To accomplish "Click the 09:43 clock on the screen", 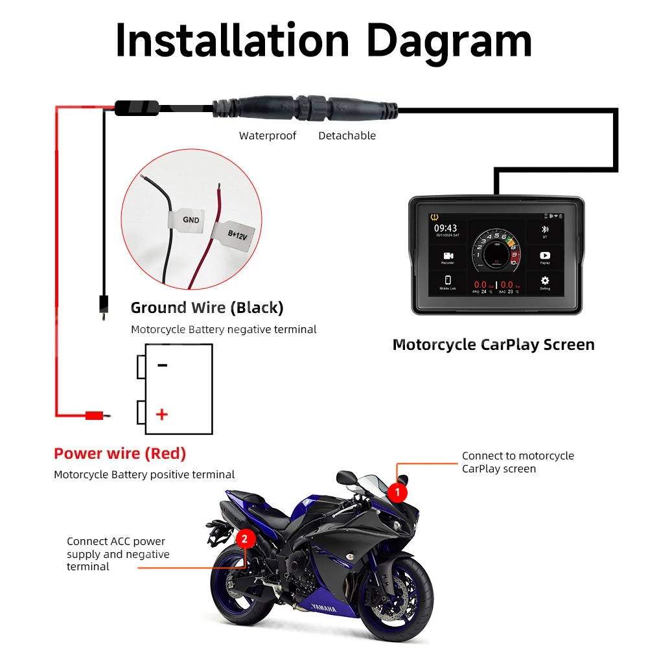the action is pos(445,228).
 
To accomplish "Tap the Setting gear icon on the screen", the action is pos(544,281).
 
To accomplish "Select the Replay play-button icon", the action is pos(544,256).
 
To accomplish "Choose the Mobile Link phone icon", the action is pos(448,281).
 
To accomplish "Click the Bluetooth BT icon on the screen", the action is pos(544,230).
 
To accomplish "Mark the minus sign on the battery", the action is pos(162,365).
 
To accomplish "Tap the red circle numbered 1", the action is pos(397,492).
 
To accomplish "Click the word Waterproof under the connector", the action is pos(268,135).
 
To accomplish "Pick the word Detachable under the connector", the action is pos(347,135).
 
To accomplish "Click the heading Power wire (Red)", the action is pos(120,454).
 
